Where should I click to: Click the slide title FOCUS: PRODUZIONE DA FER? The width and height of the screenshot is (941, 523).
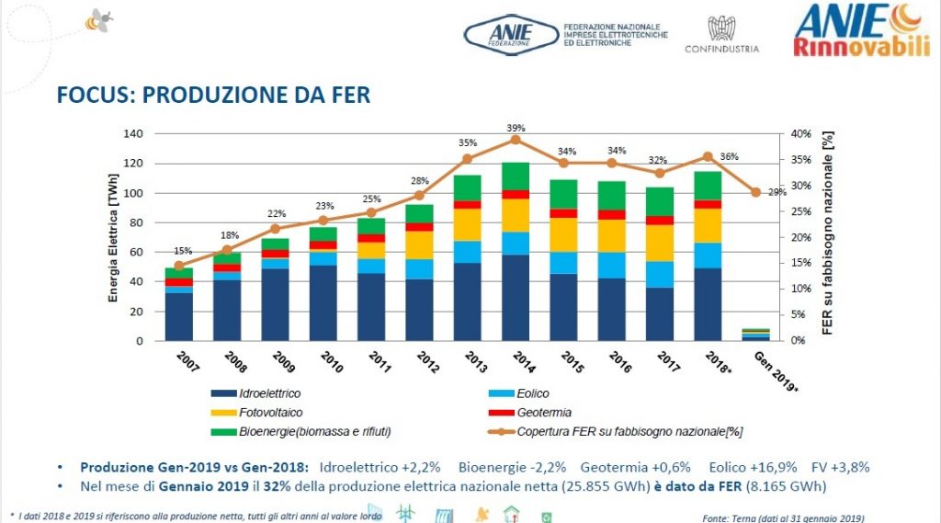point(213,96)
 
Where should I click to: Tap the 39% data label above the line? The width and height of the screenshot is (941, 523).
point(516,127)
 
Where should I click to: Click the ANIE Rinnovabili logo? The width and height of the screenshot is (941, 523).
point(862,29)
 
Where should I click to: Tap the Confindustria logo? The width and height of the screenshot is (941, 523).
point(721,35)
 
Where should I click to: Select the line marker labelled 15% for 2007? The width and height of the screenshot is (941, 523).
point(179,266)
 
